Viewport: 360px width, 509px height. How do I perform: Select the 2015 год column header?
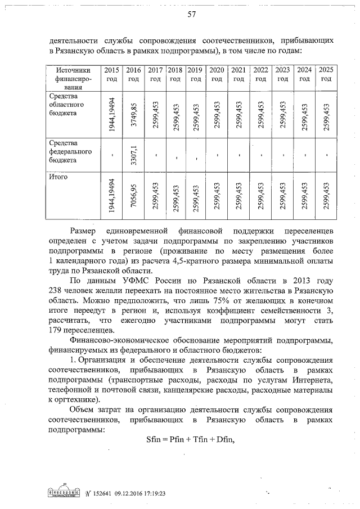[x=111, y=75]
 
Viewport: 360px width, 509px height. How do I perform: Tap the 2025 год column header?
[x=326, y=75]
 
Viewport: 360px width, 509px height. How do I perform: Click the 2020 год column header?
[x=216, y=75]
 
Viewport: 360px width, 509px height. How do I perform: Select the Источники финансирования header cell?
[x=73, y=79]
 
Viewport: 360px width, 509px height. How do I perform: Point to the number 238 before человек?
[x=57, y=290]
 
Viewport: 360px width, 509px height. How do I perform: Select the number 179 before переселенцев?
[x=57, y=330]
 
